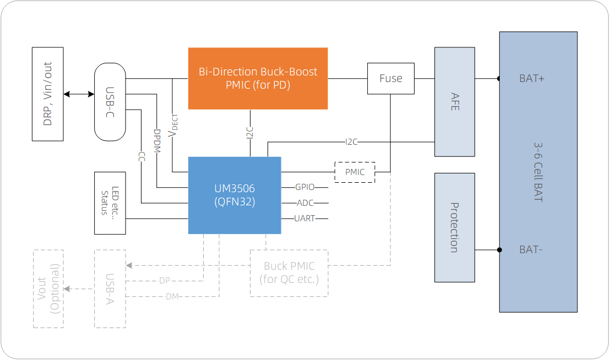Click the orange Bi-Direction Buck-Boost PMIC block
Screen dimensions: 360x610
[x=258, y=78]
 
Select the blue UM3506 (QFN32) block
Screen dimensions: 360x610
[x=235, y=195]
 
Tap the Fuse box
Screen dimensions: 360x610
[x=391, y=78]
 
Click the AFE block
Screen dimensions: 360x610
[x=454, y=101]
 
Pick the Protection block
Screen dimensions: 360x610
[x=454, y=227]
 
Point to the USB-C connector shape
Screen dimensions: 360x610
[x=110, y=101]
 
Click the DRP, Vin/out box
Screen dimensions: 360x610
[x=47, y=94]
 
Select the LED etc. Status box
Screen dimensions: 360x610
[x=110, y=202]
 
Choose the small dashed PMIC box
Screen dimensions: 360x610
[x=355, y=172]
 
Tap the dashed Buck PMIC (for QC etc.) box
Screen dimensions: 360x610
[x=289, y=273]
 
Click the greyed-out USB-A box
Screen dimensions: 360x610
[x=110, y=289]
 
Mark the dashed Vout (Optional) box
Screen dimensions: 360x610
[x=48, y=289]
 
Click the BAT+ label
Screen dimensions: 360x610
[x=532, y=79]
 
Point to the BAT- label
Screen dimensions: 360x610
[x=531, y=250]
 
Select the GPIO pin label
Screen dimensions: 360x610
[x=305, y=187]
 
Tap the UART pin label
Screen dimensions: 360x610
[x=305, y=219]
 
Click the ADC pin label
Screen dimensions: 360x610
[x=305, y=203]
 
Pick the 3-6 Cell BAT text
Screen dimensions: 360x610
[x=538, y=172]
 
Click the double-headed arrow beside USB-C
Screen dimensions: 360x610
[x=79, y=94]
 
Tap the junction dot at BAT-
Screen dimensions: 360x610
[x=499, y=250]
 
